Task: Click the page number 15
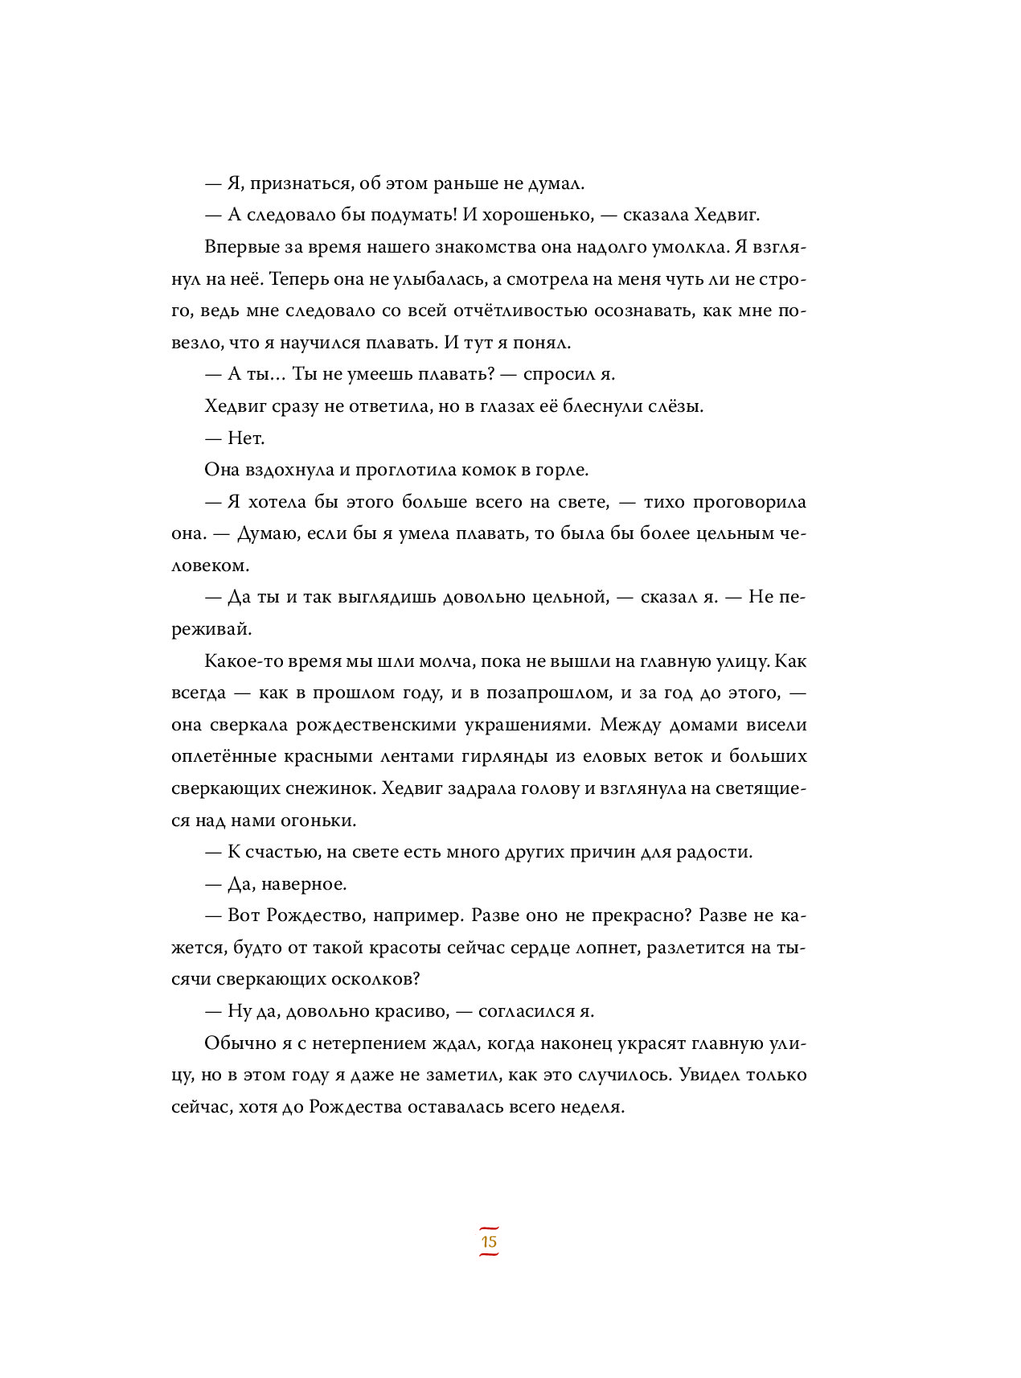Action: pos(489,1241)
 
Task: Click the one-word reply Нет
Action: pos(246,438)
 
